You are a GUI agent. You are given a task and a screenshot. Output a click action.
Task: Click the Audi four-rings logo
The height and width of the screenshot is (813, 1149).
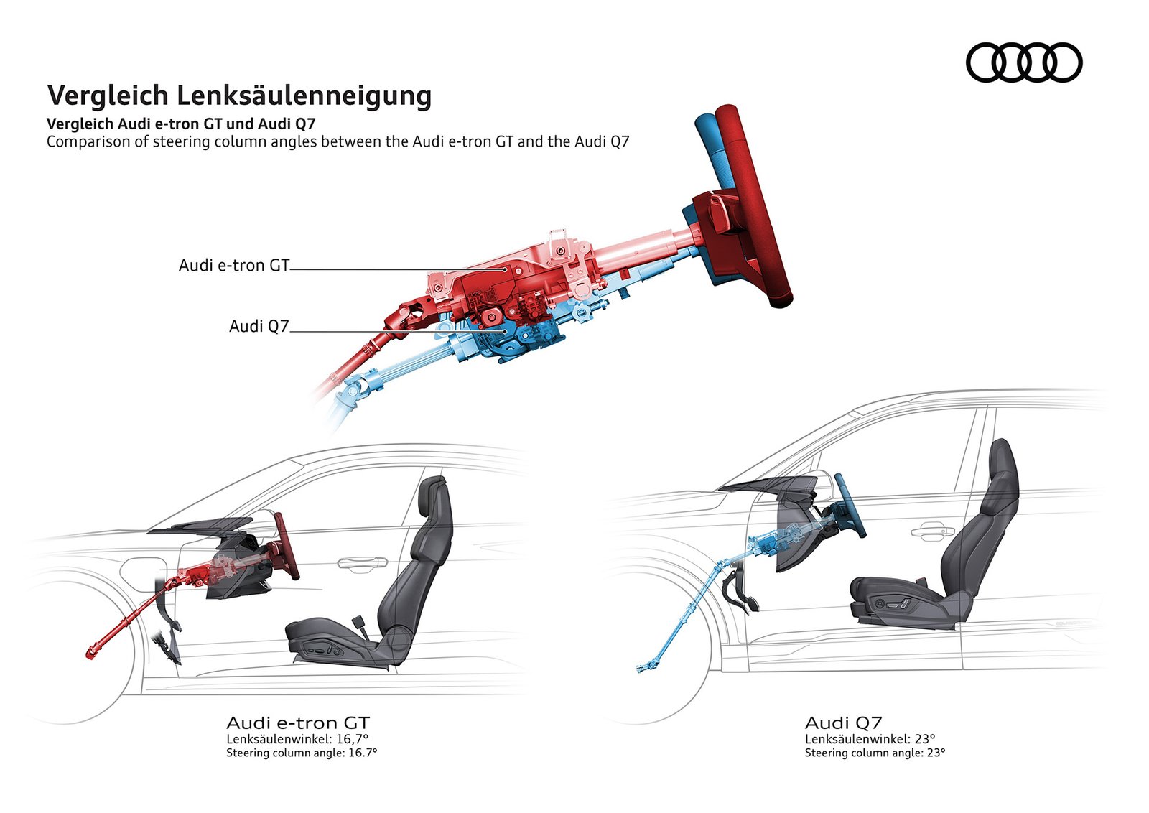click(1023, 62)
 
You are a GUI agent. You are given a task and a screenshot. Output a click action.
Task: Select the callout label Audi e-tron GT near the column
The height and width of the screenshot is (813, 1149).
click(233, 266)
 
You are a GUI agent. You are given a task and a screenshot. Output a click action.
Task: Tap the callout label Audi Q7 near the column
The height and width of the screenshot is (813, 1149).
click(259, 327)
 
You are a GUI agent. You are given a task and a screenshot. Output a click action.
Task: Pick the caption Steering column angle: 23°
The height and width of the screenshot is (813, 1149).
click(875, 753)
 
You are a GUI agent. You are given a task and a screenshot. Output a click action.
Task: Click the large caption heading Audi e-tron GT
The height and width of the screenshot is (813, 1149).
click(297, 723)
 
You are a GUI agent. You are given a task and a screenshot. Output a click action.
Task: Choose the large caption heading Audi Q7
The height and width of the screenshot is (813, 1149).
click(843, 723)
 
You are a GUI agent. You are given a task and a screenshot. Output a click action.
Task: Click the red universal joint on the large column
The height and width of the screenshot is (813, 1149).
click(407, 316)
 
